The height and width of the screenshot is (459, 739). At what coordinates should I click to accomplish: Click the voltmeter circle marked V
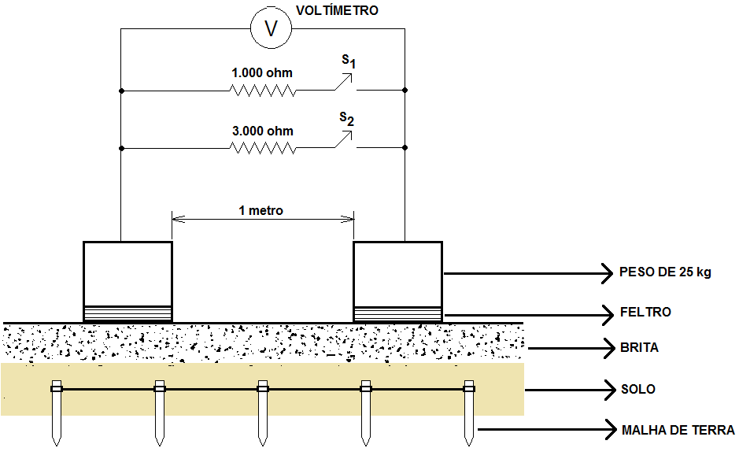tap(272, 29)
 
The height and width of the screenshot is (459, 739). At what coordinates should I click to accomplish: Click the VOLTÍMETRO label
tap(336, 10)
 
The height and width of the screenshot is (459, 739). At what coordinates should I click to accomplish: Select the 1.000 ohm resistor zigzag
tap(263, 91)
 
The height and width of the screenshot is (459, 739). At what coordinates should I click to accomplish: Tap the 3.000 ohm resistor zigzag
tap(263, 148)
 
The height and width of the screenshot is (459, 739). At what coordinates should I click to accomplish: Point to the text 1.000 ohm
tap(261, 73)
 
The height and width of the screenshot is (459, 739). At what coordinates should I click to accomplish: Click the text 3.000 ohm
tap(263, 131)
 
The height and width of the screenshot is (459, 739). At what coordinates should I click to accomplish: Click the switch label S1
tap(347, 61)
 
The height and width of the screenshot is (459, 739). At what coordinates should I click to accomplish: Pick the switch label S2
tap(347, 119)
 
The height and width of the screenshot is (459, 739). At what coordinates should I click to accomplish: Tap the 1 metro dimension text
tap(261, 210)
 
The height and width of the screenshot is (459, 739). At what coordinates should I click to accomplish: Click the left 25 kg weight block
tap(127, 273)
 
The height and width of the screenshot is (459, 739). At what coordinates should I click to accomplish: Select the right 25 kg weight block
tap(397, 273)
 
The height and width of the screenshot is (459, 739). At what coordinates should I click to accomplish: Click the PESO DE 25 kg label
tap(665, 273)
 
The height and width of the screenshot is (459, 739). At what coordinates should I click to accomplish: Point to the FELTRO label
tap(645, 313)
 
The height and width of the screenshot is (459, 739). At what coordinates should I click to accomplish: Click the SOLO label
tap(637, 389)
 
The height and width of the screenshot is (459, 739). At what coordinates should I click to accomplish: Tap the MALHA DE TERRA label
tap(678, 431)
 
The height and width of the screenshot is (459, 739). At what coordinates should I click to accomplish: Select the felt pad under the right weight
tap(397, 313)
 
